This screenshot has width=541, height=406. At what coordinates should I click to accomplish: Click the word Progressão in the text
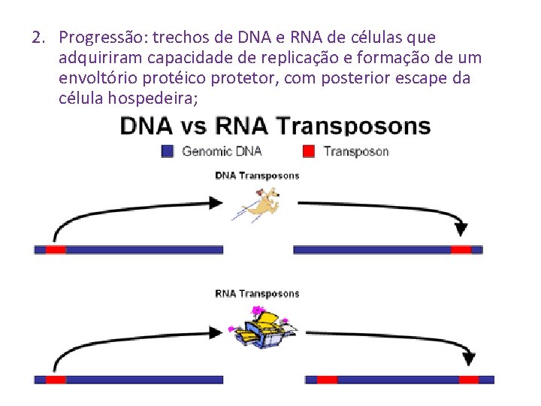tap(101, 38)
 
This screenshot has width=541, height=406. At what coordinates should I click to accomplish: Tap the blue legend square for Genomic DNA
tap(168, 151)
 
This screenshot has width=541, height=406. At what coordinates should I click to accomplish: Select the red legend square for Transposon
tap(308, 151)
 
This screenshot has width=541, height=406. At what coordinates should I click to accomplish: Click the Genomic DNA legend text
tap(222, 151)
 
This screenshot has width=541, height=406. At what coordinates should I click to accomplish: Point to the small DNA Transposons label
tap(257, 176)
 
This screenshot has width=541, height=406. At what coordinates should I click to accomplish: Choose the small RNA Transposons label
tap(257, 294)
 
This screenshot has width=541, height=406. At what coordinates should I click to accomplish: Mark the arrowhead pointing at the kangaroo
tap(217, 202)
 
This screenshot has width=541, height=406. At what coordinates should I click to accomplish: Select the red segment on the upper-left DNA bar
tap(56, 250)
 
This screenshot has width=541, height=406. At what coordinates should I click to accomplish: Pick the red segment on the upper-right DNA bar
tap(461, 250)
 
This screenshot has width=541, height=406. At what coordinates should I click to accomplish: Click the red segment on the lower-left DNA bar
tap(56, 380)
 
